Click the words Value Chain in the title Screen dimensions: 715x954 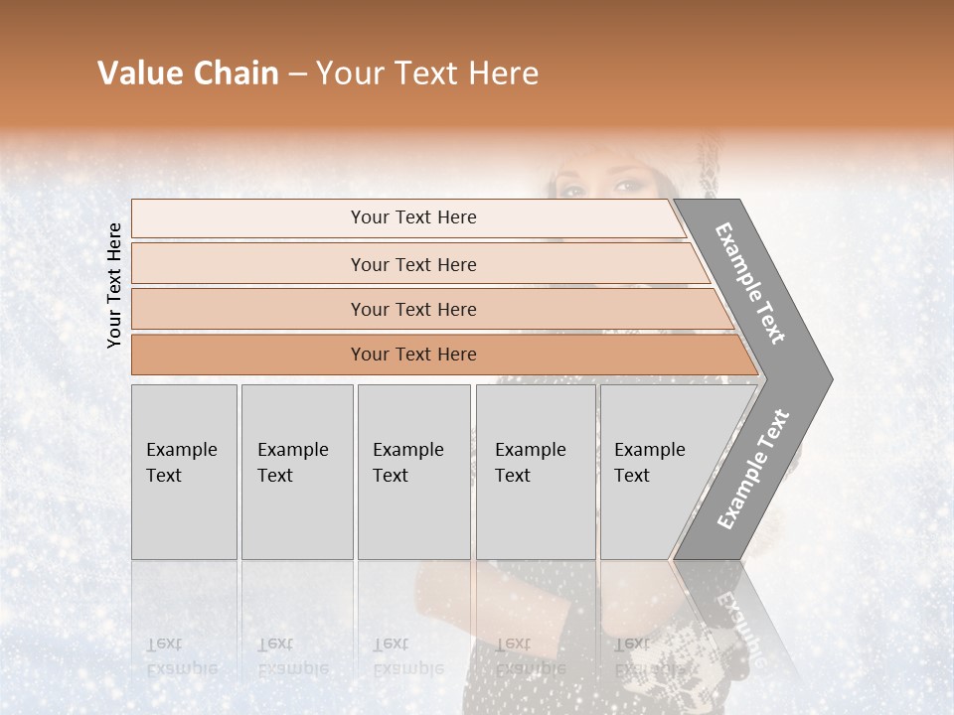(x=188, y=73)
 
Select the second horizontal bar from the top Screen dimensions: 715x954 (x=413, y=264)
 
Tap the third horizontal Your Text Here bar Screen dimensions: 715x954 (x=413, y=309)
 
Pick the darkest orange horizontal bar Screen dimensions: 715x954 (x=413, y=355)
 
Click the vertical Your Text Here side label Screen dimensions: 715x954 (x=115, y=285)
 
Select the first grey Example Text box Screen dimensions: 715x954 (x=184, y=472)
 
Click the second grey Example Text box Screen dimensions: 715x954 (x=296, y=472)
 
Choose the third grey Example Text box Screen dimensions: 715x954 (x=413, y=472)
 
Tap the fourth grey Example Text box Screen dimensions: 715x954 (x=535, y=472)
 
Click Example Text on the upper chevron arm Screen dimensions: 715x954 (x=750, y=283)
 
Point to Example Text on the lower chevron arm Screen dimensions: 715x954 (x=752, y=470)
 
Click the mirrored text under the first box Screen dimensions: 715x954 (x=181, y=656)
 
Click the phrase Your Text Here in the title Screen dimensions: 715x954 (x=427, y=73)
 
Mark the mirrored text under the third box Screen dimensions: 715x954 (x=407, y=656)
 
